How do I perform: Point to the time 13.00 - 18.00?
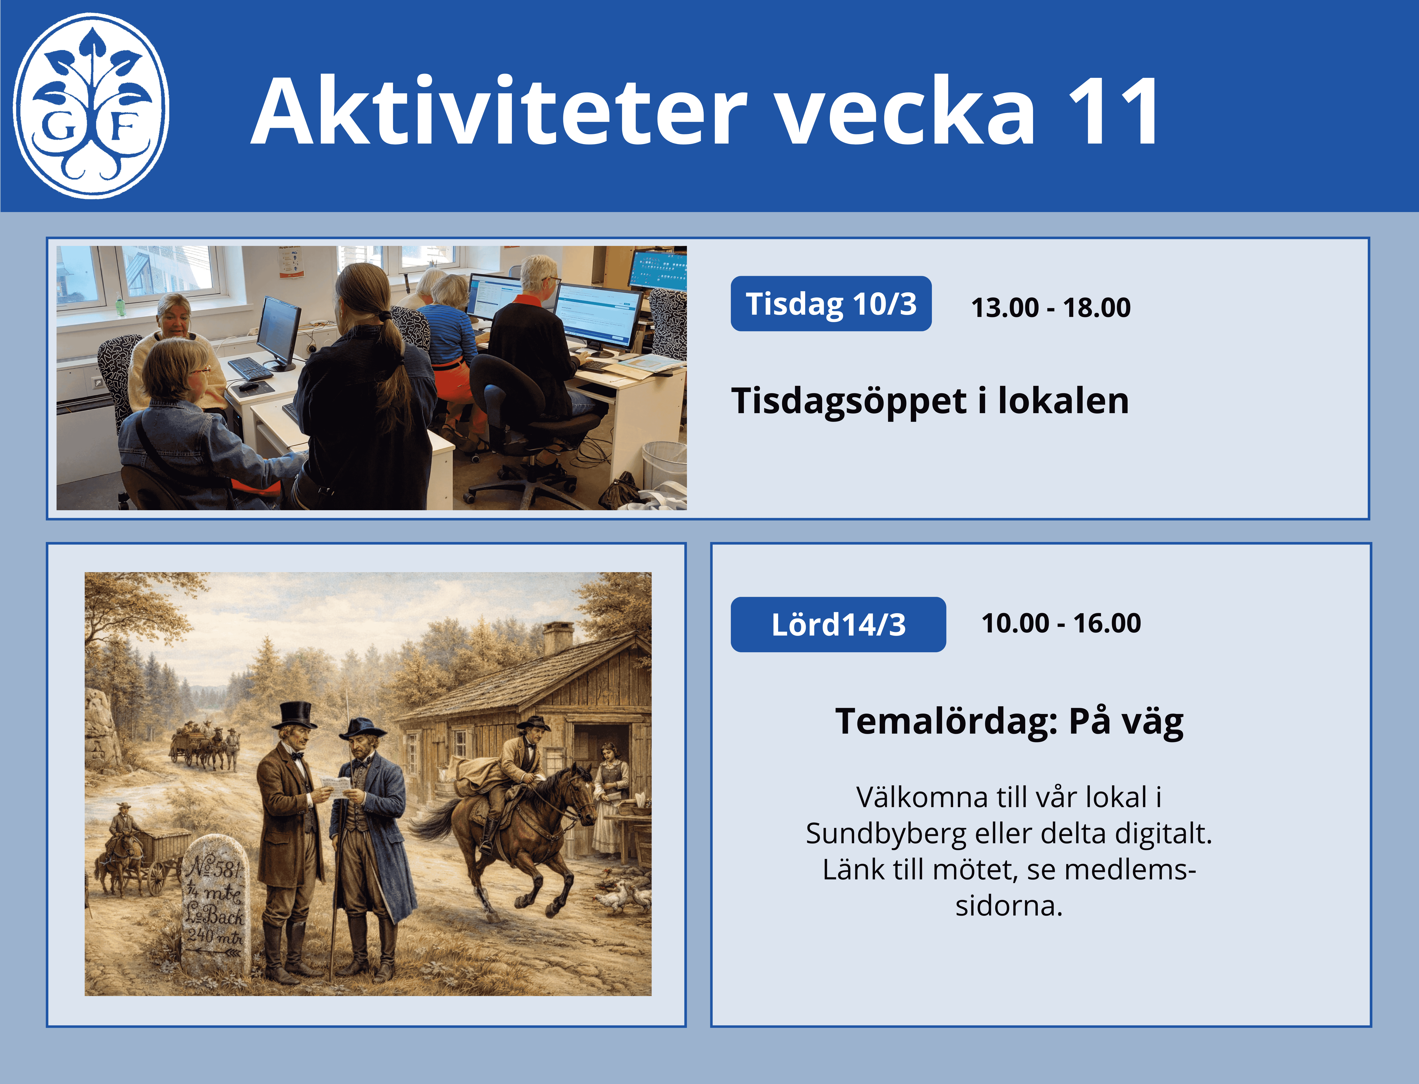tap(1051, 307)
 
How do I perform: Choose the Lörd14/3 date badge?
tap(838, 625)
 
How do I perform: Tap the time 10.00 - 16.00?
tap(1061, 623)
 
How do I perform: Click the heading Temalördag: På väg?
tap(1009, 721)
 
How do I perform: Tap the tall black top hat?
tap(295, 715)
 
